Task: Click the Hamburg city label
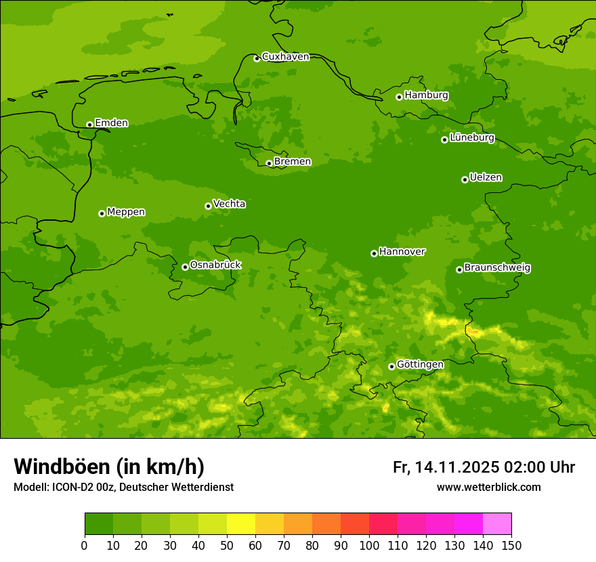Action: coord(426,95)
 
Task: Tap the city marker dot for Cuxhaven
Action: coord(257,58)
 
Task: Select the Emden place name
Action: coord(111,123)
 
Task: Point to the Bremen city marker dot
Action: coord(269,163)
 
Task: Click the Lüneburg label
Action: coord(471,137)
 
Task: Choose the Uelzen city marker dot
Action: coord(465,179)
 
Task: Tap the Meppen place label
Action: coord(126,212)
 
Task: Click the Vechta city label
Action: coord(229,204)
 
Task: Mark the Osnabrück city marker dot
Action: coord(185,267)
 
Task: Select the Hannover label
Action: coord(402,252)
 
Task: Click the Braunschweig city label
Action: coord(497,268)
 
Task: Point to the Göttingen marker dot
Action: coord(391,366)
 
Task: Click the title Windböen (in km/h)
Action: coord(109,467)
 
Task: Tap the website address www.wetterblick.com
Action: coord(488,487)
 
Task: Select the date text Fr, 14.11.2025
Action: coord(446,467)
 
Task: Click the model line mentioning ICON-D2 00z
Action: coord(123,487)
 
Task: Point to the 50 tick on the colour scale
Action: coord(227,545)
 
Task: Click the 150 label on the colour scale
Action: coord(511,545)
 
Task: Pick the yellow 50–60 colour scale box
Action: coord(241,523)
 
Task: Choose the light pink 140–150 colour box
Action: coord(497,523)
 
